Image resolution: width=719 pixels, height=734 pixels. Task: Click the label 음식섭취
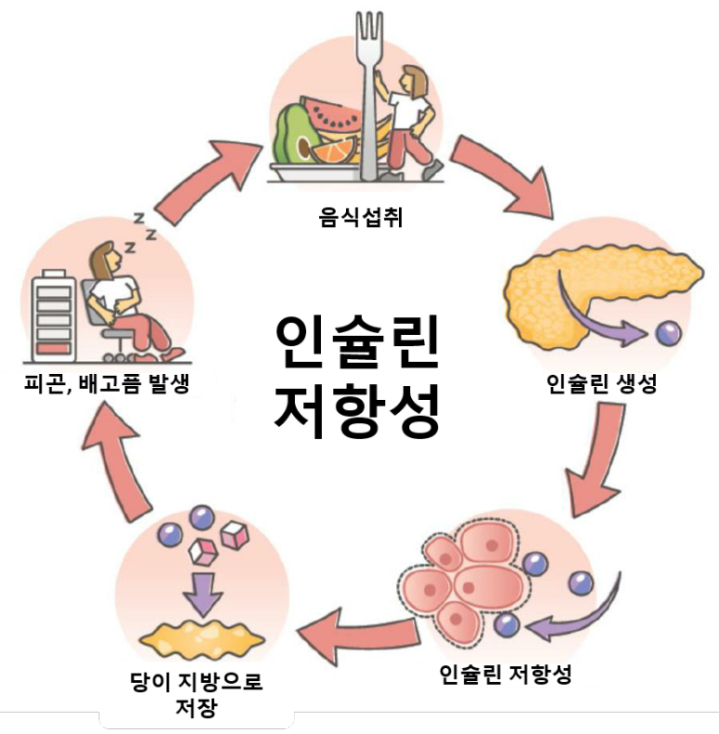tap(359, 220)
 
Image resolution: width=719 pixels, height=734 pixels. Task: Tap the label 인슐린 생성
tap(602, 383)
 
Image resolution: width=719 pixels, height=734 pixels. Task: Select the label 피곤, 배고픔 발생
tap(107, 383)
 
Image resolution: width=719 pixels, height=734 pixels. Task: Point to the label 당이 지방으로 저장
tap(196, 694)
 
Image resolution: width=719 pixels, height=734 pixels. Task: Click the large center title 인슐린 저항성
tap(358, 377)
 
